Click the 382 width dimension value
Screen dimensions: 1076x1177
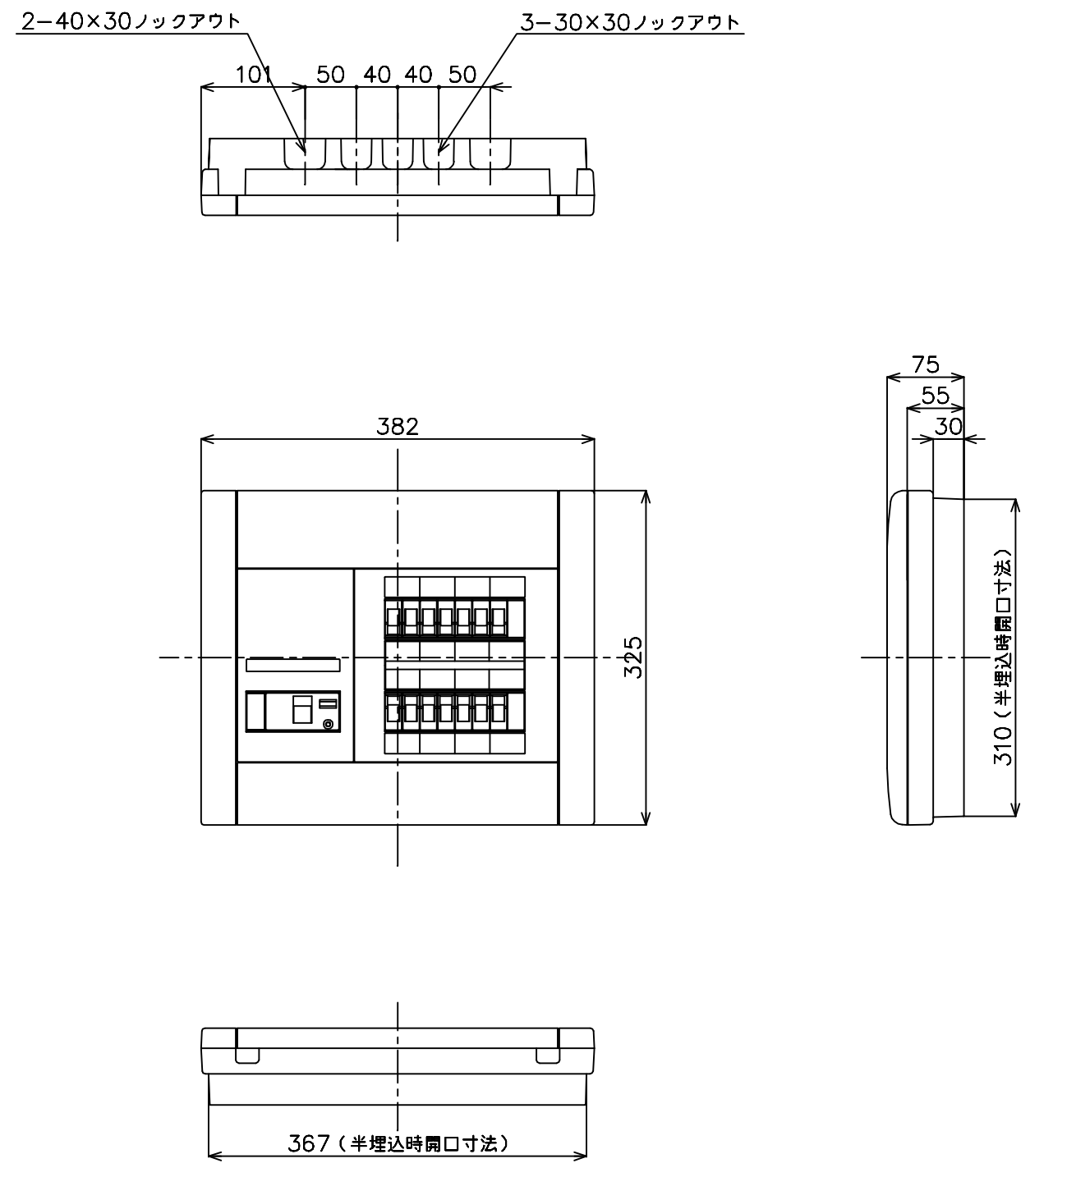click(x=398, y=427)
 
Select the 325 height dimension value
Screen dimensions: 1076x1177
click(x=634, y=657)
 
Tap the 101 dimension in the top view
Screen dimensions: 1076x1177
click(x=254, y=75)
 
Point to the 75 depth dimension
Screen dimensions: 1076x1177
click(x=926, y=364)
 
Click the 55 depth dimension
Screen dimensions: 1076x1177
click(x=935, y=396)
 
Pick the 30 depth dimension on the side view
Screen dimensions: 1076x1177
click(x=949, y=427)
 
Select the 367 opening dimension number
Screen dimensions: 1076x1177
click(x=309, y=1143)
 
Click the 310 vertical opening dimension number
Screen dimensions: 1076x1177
click(x=1003, y=746)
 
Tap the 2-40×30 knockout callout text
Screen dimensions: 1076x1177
click(x=131, y=21)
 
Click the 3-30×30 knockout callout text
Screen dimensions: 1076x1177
click(x=630, y=22)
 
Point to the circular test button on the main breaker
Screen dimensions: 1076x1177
click(x=328, y=724)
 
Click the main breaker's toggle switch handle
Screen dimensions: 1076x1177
click(x=302, y=709)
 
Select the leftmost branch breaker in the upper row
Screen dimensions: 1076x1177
click(x=393, y=618)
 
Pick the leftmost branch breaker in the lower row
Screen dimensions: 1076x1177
click(x=393, y=712)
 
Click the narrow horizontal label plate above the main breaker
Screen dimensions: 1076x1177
click(x=293, y=665)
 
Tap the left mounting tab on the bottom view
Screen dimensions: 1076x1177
click(x=247, y=1056)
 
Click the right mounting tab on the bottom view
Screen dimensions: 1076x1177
click(x=548, y=1056)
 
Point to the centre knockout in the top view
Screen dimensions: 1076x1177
click(x=398, y=153)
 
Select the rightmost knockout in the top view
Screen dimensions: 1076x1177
click(x=490, y=153)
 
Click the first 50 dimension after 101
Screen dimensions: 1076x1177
click(x=331, y=75)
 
